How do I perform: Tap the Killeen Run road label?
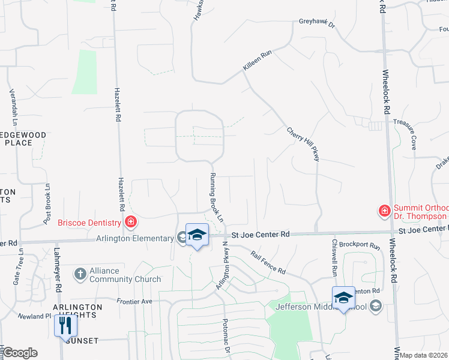(x=258, y=61)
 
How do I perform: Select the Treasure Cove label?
(x=405, y=134)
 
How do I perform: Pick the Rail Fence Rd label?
(x=268, y=262)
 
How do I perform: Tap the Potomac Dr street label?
(x=228, y=338)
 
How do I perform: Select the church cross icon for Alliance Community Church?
(x=80, y=274)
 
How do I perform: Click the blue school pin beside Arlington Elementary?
(x=197, y=235)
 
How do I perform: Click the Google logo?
(x=20, y=353)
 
